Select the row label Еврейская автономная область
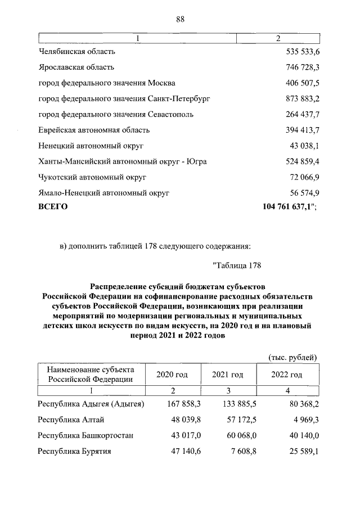(93, 130)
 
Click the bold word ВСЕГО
(52, 207)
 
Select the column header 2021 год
(227, 375)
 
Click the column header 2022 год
(287, 375)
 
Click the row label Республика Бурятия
(74, 451)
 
